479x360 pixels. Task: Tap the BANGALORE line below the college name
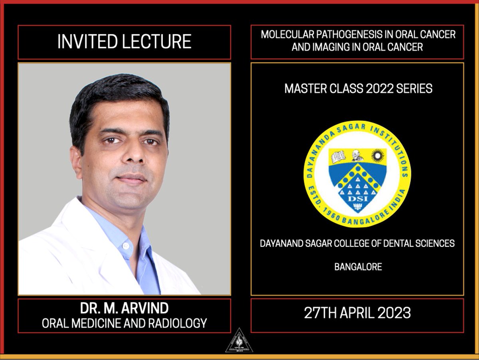point(358,267)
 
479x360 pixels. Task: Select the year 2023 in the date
point(393,313)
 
